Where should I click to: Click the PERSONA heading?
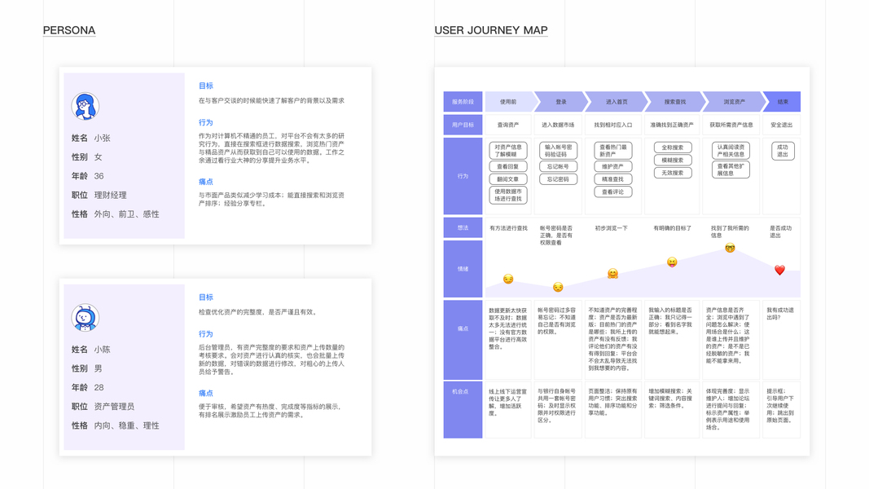[x=69, y=30]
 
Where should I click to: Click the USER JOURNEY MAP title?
[x=490, y=30]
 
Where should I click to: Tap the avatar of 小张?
[x=85, y=106]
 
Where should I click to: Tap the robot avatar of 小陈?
[x=85, y=318]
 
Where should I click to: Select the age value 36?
[x=99, y=176]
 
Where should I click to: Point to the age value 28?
[x=99, y=388]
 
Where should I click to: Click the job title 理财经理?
[x=110, y=196]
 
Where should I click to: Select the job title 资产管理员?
[x=114, y=407]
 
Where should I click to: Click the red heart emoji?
[x=779, y=270]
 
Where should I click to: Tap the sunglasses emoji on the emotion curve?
[x=730, y=248]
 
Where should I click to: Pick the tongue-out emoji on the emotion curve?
[x=672, y=262]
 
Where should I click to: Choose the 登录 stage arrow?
[x=561, y=102]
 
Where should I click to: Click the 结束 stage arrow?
[x=782, y=102]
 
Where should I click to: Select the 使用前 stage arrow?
[x=508, y=102]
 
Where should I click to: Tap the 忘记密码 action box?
[x=558, y=179]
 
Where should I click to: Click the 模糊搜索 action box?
[x=672, y=161]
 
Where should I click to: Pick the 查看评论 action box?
[x=612, y=192]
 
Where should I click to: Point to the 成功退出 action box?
[x=783, y=151]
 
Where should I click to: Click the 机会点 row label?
[x=463, y=392]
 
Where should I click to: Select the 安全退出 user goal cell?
[x=781, y=126]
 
